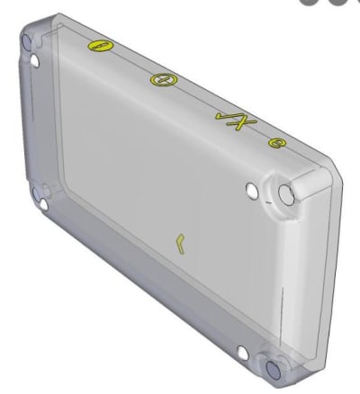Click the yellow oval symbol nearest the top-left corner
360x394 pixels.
click(x=97, y=46)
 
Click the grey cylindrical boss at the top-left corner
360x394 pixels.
click(x=27, y=41)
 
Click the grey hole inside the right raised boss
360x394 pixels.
click(x=285, y=193)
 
